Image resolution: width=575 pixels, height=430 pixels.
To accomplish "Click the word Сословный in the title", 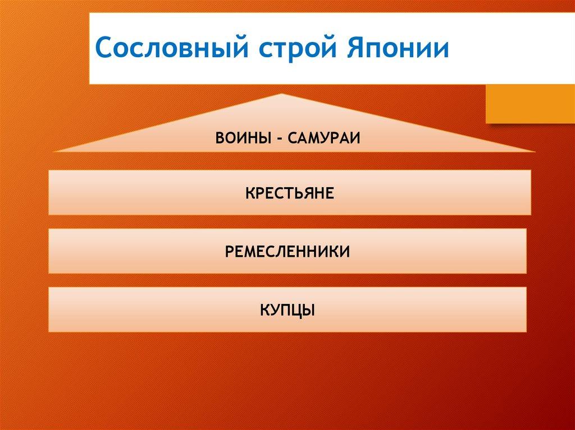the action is tap(172, 47).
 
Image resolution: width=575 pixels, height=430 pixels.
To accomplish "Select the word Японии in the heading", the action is tap(398, 47).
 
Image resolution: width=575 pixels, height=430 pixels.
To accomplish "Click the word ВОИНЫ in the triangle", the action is tap(243, 138).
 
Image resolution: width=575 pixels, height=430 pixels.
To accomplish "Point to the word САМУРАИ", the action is tap(324, 138).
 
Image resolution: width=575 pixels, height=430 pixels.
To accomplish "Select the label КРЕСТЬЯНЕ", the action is tap(290, 193).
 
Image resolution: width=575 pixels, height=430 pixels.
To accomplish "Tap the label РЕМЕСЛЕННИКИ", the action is tap(287, 252).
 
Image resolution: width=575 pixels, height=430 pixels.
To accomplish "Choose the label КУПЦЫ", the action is tap(287, 311).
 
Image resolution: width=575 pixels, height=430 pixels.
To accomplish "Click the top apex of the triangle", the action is tap(282, 94).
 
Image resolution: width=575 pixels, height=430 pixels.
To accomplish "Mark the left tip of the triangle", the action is tap(53, 151).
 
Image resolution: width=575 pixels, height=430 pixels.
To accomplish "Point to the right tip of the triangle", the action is tap(535, 151).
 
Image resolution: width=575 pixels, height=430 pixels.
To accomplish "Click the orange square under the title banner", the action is tap(530, 104).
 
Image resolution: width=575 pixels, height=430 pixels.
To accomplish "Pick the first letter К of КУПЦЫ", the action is tap(266, 310).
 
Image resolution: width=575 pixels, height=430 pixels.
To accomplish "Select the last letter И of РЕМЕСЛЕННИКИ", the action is tap(345, 252).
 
